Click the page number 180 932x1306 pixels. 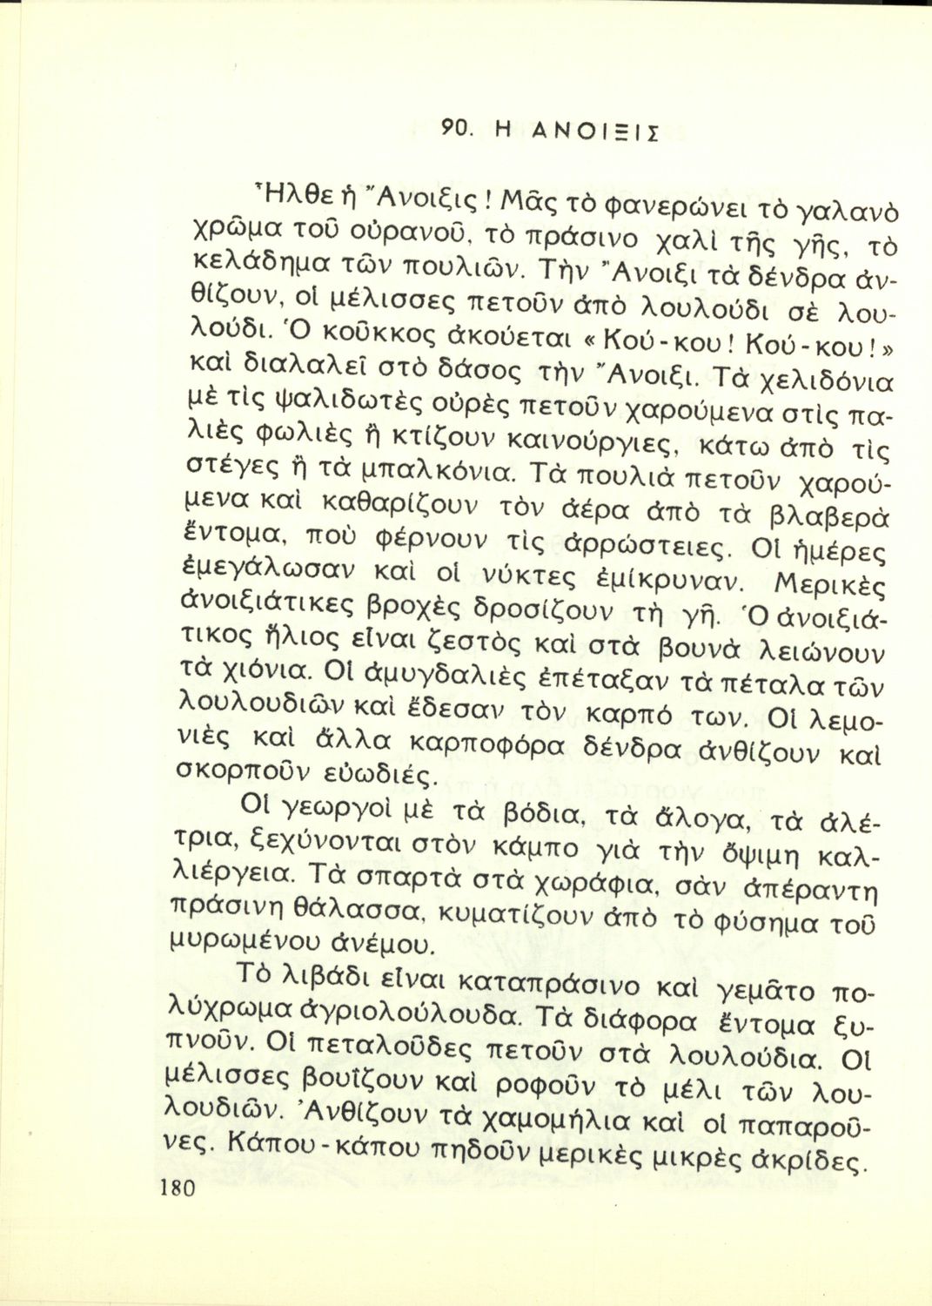click(x=178, y=1189)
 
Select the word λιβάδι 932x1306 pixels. click(x=313, y=986)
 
